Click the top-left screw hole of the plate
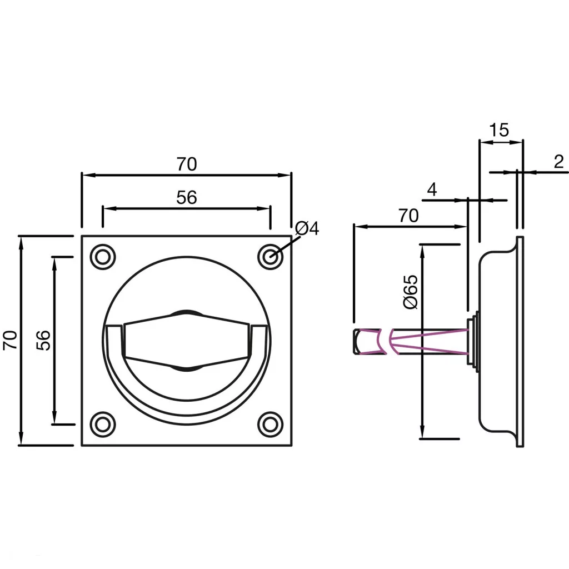[x=103, y=257]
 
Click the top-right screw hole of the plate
[x=271, y=257]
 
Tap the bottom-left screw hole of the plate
[x=103, y=425]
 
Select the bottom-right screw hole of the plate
[x=271, y=425]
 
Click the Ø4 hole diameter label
[x=307, y=228]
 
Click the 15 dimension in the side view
[x=499, y=130]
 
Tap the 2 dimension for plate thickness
[x=558, y=162]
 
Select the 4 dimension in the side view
[x=432, y=189]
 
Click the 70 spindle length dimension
[x=408, y=216]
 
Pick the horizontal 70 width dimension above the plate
[x=187, y=164]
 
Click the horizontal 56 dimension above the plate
[x=187, y=197]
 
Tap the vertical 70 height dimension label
[x=11, y=340]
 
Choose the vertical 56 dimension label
[x=44, y=340]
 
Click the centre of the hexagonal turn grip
[x=187, y=340]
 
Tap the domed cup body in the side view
[x=498, y=340]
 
